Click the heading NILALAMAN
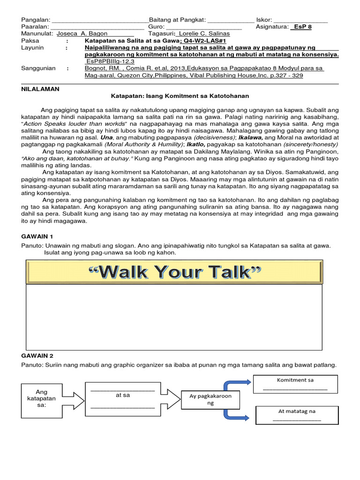click(40, 89)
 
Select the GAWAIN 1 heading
click(38, 236)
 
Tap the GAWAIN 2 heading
click(38, 356)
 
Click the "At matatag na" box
click(297, 415)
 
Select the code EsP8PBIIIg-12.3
click(110, 61)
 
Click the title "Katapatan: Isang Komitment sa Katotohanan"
click(180, 96)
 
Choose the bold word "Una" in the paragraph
click(106, 138)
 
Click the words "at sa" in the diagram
click(122, 395)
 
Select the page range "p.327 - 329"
click(305, 75)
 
